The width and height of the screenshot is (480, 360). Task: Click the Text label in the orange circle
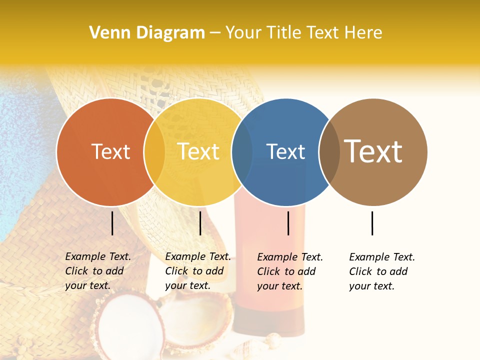110,151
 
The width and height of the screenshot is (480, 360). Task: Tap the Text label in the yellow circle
198,151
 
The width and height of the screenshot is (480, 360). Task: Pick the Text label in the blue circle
286,151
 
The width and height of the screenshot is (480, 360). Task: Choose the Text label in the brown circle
373,151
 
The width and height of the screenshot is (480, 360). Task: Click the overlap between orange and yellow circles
154,152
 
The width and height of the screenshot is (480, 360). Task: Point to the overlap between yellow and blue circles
242,152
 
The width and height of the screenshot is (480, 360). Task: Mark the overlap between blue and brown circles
329,152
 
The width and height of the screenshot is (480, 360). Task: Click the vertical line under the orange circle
112,223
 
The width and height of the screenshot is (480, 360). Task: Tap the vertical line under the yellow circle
200,223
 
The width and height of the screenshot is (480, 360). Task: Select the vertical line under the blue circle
288,223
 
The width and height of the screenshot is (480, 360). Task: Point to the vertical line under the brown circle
372,223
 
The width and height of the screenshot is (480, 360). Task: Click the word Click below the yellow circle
176,271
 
